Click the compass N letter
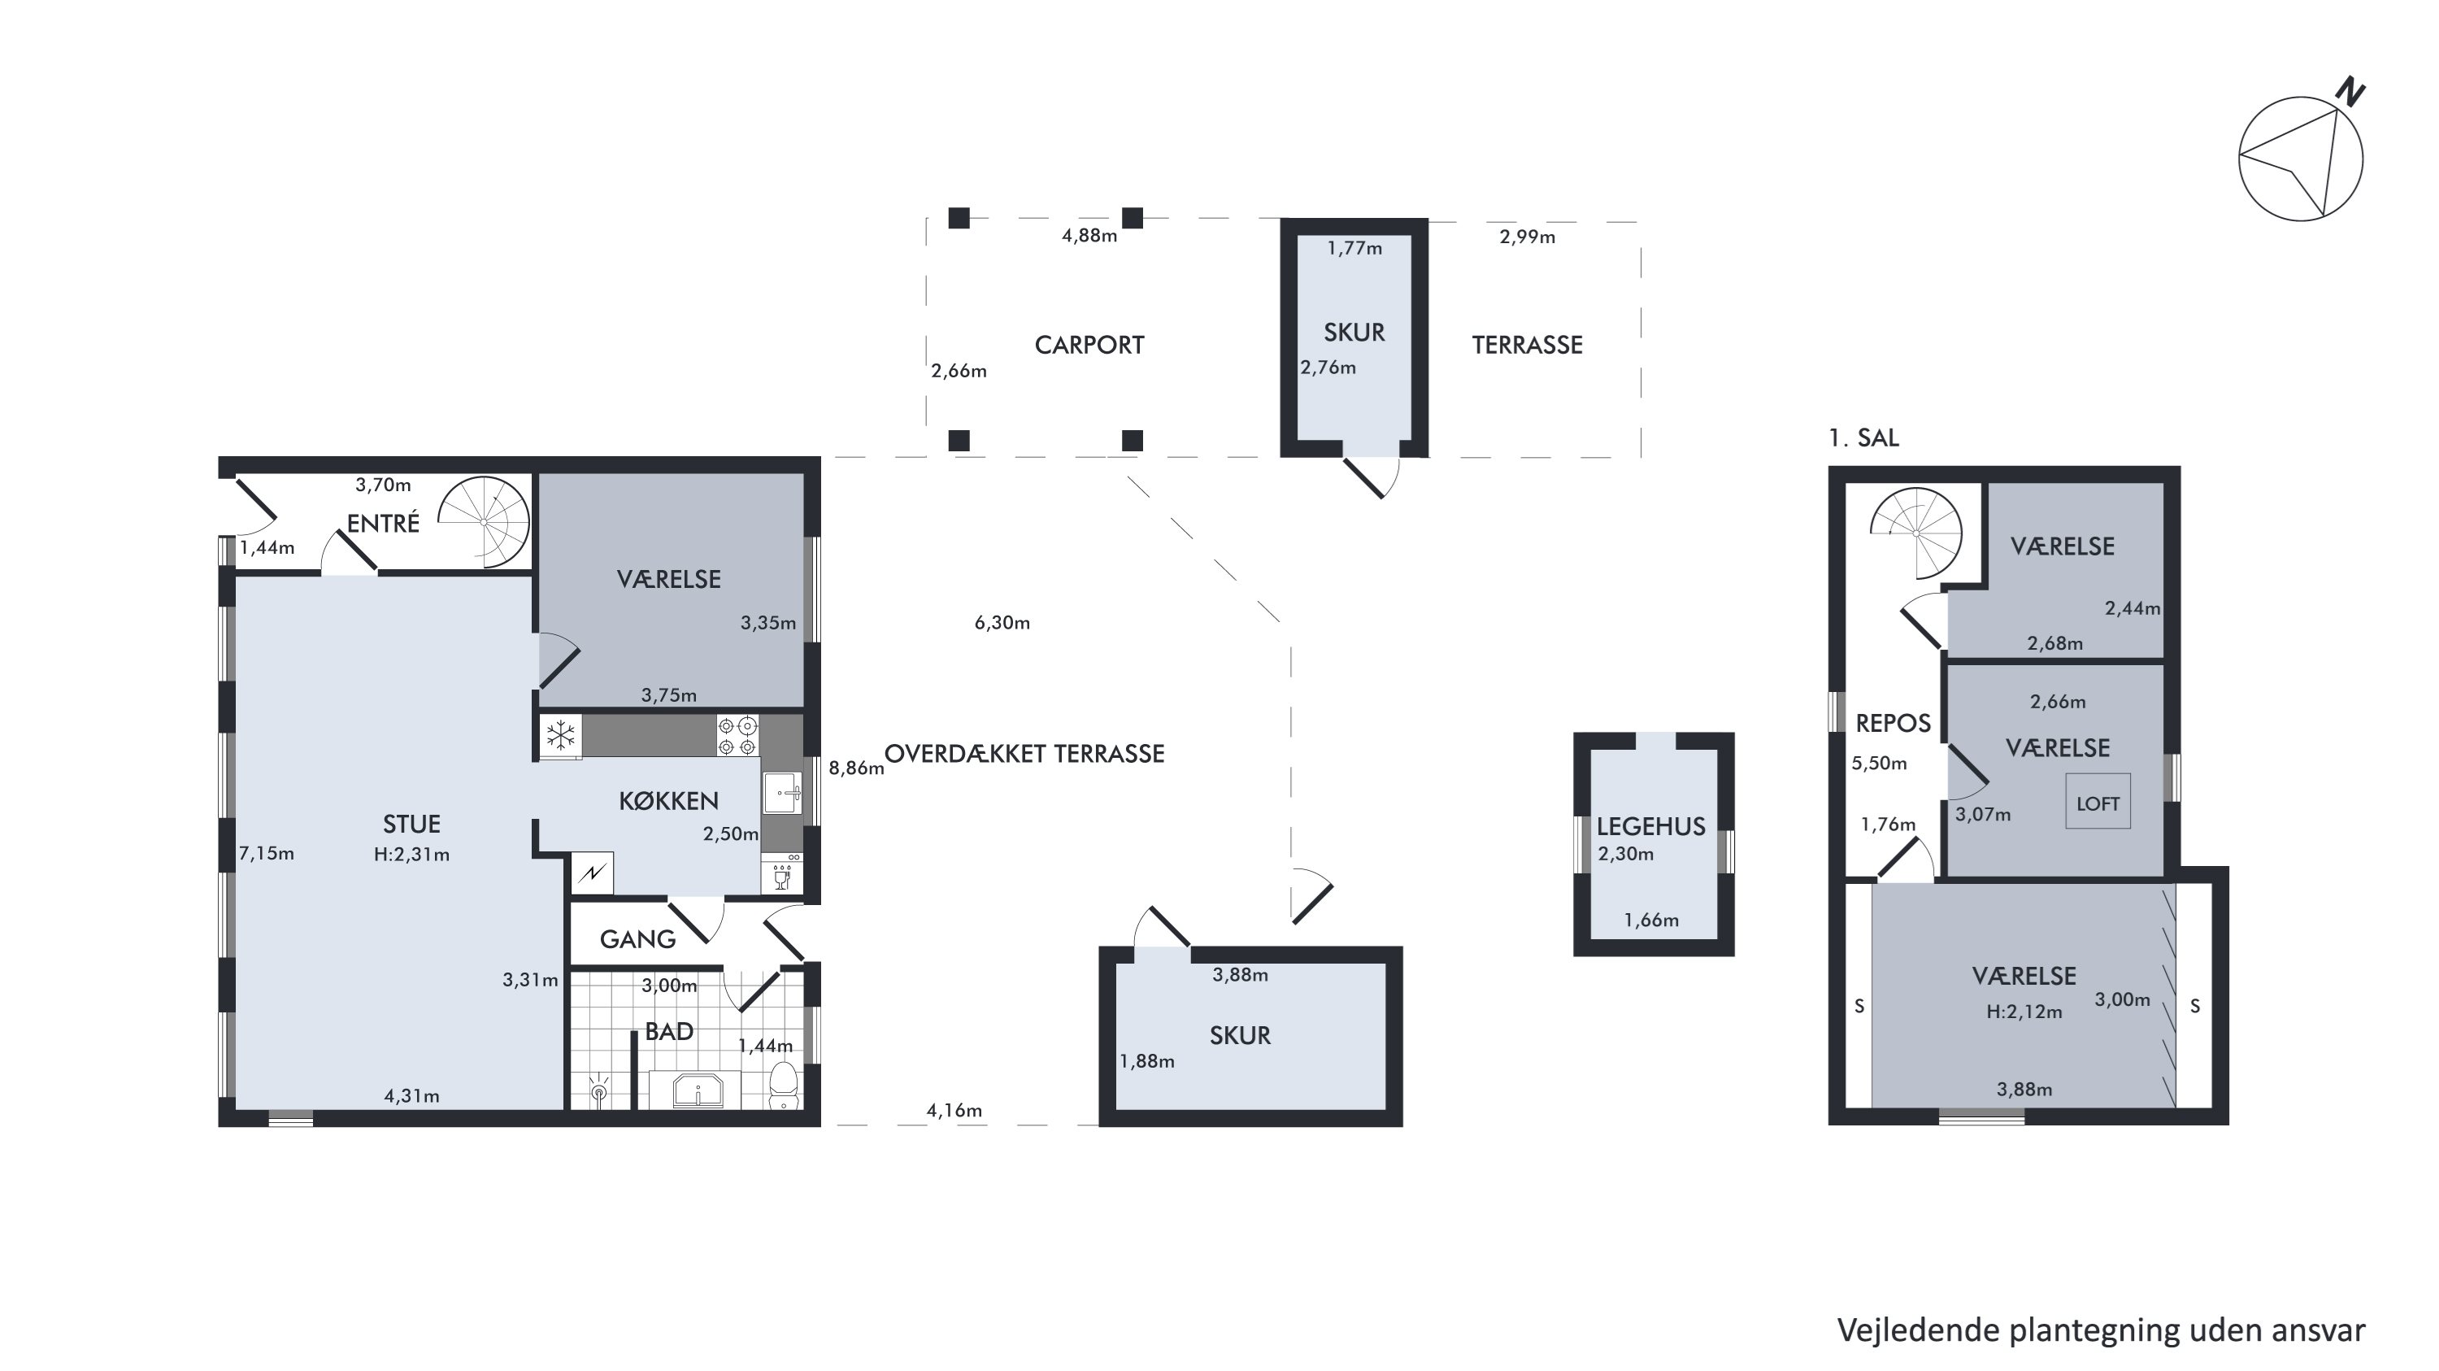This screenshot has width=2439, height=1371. point(2350,92)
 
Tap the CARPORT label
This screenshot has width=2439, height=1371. point(1089,345)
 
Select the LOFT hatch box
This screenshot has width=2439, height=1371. point(2098,802)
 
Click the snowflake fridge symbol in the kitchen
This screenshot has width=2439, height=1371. point(560,735)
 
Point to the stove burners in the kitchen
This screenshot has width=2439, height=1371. point(737,736)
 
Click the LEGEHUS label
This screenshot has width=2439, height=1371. point(1651,826)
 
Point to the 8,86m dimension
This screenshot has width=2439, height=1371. point(856,768)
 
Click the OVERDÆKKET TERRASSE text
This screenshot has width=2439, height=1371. point(1024,754)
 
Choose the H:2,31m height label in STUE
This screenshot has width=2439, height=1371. point(412,854)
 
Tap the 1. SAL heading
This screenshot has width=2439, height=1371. point(1863,437)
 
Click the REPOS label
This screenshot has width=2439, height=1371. point(1893,724)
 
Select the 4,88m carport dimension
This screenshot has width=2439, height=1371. point(1089,236)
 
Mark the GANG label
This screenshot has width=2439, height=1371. point(637,939)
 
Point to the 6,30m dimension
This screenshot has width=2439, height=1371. point(1002,622)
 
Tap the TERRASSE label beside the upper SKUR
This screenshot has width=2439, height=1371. point(1527,345)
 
